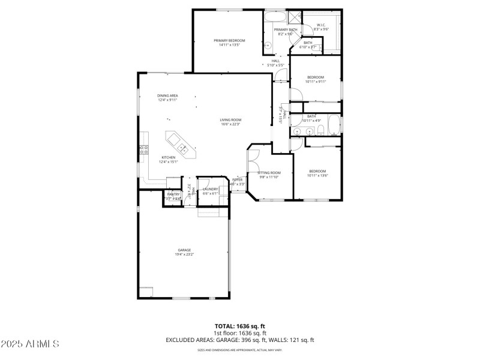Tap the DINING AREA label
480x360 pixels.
click(167, 95)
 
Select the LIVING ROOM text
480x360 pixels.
click(230, 120)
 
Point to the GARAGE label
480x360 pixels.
click(184, 250)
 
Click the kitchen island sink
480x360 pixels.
click(180, 144)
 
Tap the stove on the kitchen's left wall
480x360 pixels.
click(144, 150)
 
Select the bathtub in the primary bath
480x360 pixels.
click(276, 16)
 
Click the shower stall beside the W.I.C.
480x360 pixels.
click(295, 17)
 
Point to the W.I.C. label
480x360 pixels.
click(322, 25)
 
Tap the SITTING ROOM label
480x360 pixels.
click(269, 173)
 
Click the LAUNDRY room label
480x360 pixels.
click(210, 189)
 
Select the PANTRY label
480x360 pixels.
click(173, 194)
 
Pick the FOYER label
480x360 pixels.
click(238, 179)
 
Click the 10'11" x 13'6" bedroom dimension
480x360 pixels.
click(317, 175)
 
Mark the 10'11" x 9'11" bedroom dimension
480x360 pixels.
click(316, 82)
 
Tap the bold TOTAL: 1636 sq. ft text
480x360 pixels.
click(239, 325)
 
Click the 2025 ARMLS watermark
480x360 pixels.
click(30, 344)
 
